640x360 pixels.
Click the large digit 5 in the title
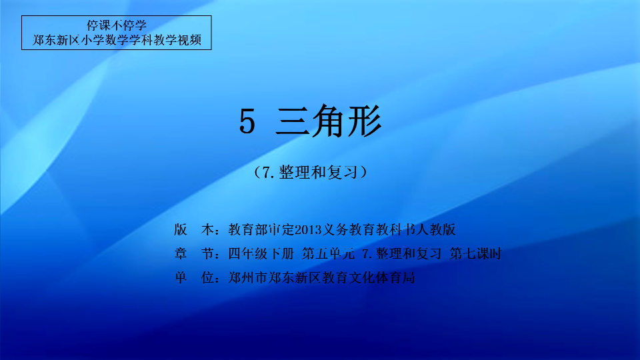(x=247, y=121)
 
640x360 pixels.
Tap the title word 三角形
(x=329, y=121)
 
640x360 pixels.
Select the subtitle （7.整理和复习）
(x=310, y=172)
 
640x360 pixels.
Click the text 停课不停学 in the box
(x=116, y=25)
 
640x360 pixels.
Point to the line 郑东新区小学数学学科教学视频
(x=117, y=40)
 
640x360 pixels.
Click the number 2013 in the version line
(x=308, y=230)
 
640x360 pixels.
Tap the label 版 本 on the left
(x=194, y=230)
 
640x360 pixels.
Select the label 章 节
(x=194, y=254)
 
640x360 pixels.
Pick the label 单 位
(x=194, y=278)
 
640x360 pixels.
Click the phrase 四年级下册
(x=261, y=254)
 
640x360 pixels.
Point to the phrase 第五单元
(x=328, y=254)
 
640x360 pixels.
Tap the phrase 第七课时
(x=475, y=254)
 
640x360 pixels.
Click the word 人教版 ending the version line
(x=435, y=230)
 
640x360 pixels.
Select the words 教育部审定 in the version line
(x=261, y=230)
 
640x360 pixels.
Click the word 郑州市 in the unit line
(x=248, y=278)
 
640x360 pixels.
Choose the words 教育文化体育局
(x=369, y=278)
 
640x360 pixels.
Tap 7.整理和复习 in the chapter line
(x=401, y=254)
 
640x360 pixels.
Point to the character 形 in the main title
(x=365, y=121)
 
